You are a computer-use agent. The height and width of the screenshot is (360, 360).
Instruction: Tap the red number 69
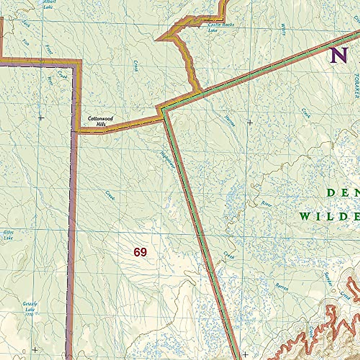pos(140,252)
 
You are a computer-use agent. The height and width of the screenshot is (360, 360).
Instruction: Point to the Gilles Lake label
pos(8,235)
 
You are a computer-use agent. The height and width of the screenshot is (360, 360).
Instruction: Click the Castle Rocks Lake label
pos(221,27)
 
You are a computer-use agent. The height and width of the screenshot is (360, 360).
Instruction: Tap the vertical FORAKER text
pos(356,86)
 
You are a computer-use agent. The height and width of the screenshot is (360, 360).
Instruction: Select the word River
pos(266,204)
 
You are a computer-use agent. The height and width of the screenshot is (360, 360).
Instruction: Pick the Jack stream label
pos(26,23)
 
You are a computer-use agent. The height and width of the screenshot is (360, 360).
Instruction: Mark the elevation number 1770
pos(29,314)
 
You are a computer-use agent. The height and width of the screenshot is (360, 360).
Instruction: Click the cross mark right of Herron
pos(250,122)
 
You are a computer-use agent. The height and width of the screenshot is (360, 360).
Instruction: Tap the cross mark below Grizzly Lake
pos(35,350)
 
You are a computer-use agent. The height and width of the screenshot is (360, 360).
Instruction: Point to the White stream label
pos(283,29)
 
